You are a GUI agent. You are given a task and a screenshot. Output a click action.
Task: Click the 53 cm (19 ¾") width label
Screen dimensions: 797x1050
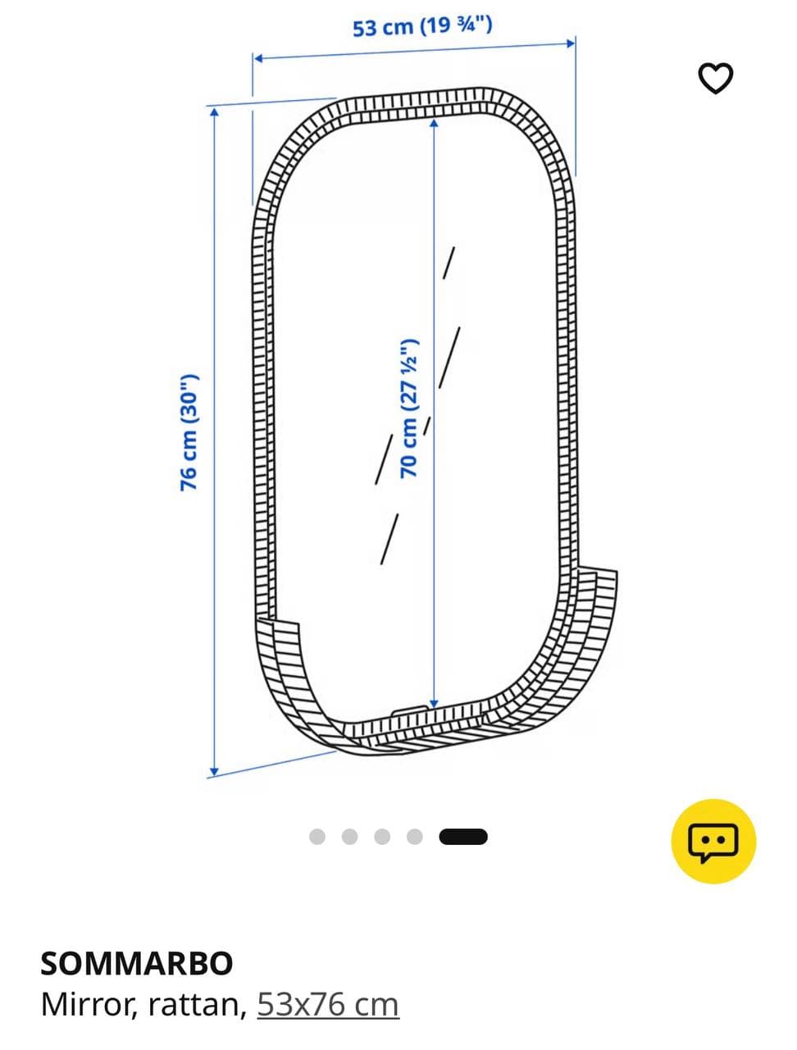click(x=422, y=26)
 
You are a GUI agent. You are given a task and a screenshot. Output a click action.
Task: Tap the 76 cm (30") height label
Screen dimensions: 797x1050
click(x=189, y=432)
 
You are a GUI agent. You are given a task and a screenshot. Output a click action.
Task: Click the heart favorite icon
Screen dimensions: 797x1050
click(x=716, y=78)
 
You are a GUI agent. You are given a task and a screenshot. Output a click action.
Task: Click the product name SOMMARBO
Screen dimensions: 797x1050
click(x=137, y=963)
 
